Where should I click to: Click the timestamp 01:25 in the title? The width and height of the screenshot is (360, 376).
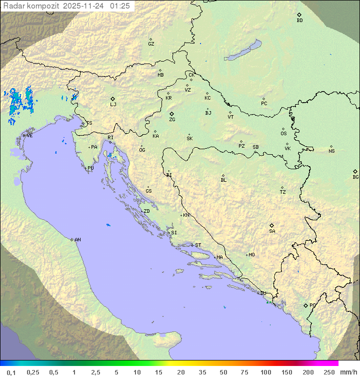point(120,6)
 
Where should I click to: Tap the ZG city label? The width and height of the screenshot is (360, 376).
point(172,120)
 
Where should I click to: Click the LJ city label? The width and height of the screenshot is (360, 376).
point(113,105)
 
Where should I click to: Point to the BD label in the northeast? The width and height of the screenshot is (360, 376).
point(299,21)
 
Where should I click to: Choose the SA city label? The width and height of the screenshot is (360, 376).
point(272,231)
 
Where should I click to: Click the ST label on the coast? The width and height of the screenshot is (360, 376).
point(198,245)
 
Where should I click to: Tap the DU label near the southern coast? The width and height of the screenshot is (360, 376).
point(263,293)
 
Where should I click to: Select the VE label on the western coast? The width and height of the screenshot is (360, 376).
point(29,136)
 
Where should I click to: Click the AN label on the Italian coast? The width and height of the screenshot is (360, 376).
point(77,240)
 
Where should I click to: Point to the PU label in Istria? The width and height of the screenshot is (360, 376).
point(90,168)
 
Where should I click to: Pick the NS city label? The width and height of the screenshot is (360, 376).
point(331,151)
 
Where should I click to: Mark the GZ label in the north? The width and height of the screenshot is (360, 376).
point(151,44)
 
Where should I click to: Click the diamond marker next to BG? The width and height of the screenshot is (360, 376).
point(355,171)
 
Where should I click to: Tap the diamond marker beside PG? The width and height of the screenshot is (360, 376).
point(305,305)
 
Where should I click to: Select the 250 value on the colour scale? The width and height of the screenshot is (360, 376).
point(329,372)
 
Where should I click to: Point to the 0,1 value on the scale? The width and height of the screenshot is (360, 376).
point(11,372)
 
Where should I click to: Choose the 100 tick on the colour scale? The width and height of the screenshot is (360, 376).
point(266,372)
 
